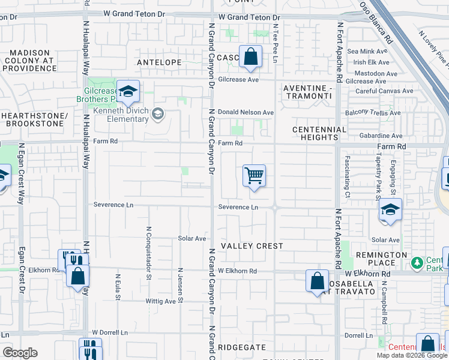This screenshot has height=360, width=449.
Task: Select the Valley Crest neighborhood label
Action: (252, 246)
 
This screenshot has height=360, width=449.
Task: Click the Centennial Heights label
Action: (319, 133)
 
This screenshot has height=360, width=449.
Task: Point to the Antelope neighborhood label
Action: (159, 62)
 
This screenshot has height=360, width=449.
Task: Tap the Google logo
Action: (20, 353)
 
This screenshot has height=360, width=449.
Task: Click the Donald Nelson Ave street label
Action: (246, 112)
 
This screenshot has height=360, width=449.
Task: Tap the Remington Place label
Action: (381, 259)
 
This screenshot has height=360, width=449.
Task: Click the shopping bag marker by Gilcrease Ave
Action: (251, 58)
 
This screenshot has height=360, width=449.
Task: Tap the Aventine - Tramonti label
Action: (307, 92)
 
